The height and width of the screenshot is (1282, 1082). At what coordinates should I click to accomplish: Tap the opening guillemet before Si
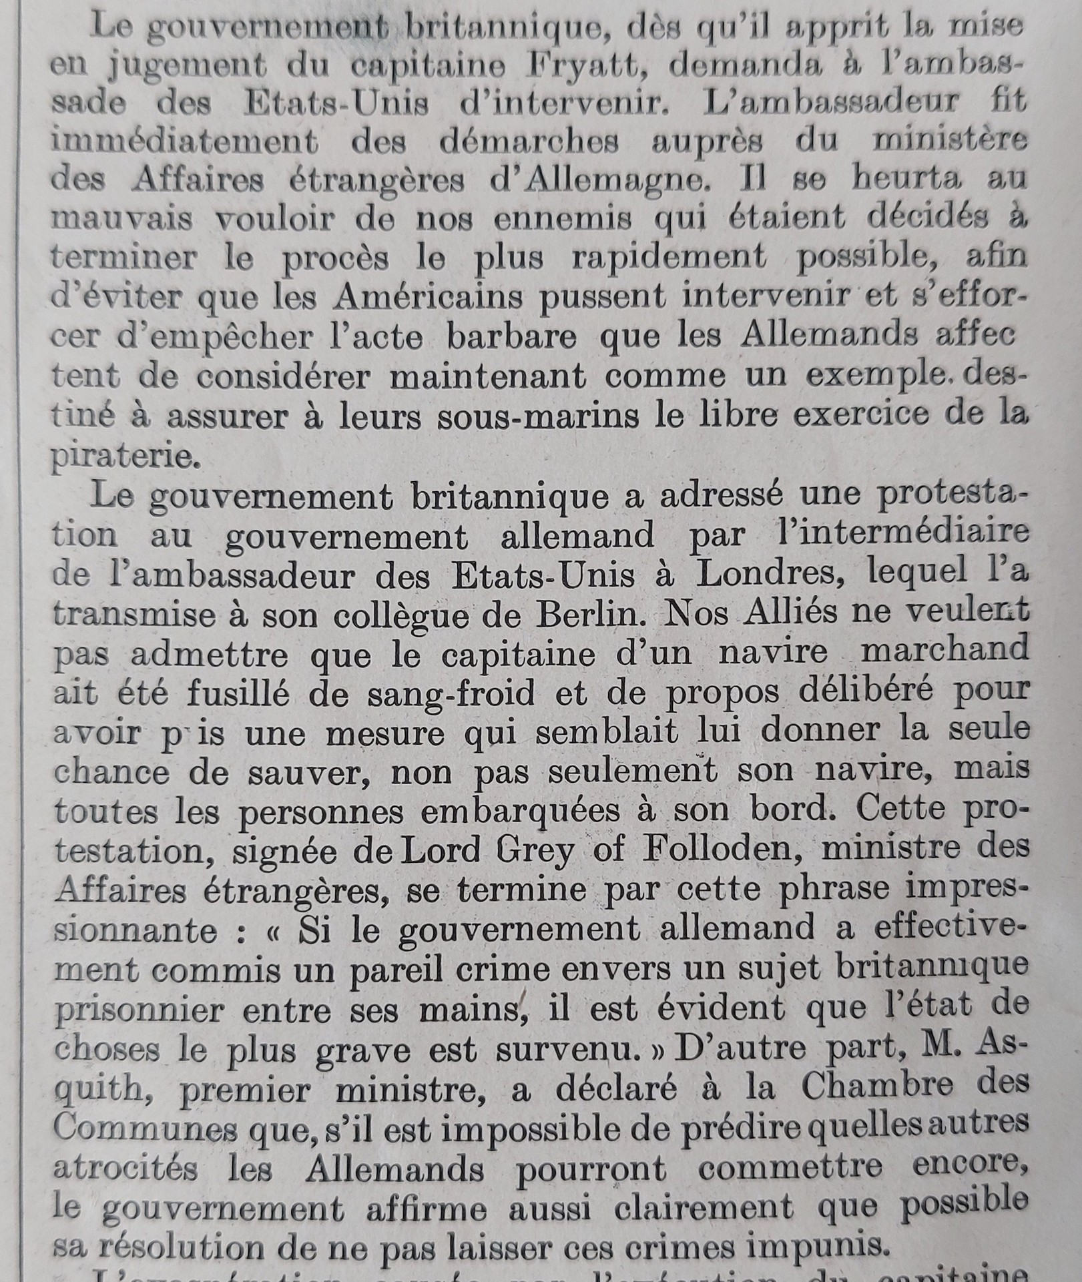[x=270, y=930]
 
